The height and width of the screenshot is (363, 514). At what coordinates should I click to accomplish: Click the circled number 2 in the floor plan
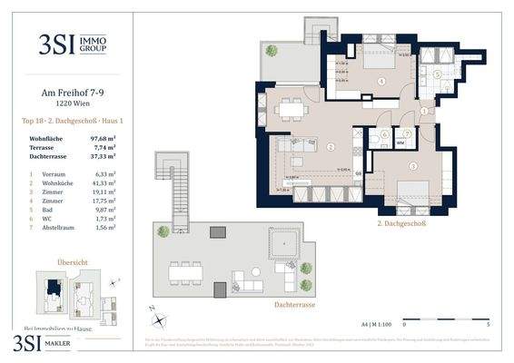(x=331, y=146)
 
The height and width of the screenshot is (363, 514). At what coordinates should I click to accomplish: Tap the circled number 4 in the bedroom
(x=381, y=82)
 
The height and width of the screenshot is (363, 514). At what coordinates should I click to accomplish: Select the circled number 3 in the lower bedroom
(x=411, y=166)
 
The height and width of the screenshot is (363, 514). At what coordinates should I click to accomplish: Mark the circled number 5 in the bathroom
(x=437, y=74)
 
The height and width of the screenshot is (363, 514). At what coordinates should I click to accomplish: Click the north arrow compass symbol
(x=160, y=319)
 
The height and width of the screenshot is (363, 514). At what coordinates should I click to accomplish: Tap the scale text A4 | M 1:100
(x=368, y=321)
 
